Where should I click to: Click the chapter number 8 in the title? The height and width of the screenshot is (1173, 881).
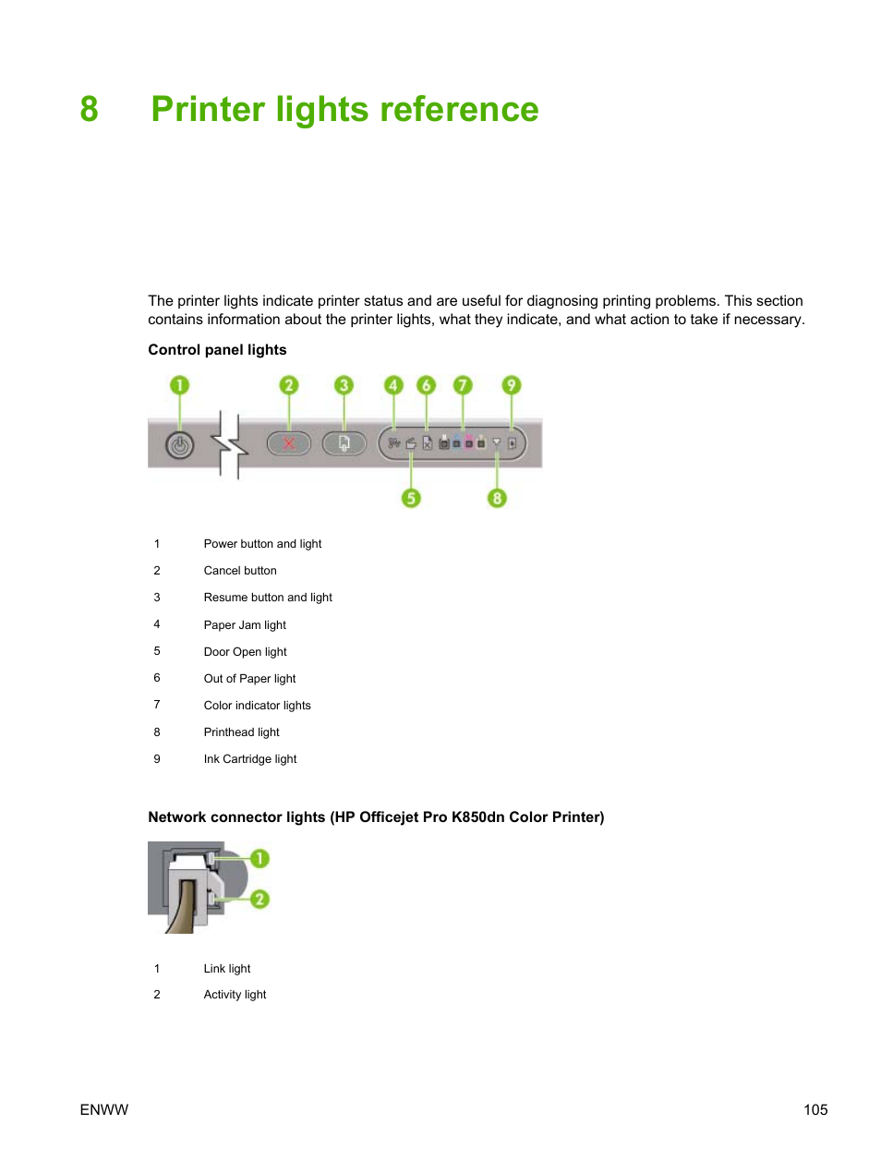click(89, 109)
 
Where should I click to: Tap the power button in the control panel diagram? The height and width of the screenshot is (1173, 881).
click(179, 446)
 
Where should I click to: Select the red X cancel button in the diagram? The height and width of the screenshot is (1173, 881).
click(289, 444)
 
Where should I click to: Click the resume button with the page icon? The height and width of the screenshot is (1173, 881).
click(344, 444)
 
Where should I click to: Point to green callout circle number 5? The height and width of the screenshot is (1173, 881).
click(411, 499)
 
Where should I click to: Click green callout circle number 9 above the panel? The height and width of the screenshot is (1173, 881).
click(511, 385)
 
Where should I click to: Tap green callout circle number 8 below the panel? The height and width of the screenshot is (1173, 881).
click(497, 499)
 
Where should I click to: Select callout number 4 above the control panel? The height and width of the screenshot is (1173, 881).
click(393, 385)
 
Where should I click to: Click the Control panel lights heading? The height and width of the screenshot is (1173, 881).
click(217, 350)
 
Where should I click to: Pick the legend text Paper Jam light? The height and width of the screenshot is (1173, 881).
click(245, 625)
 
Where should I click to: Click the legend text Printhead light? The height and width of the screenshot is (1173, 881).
click(241, 732)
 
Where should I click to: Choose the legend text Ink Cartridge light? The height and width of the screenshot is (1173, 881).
click(250, 759)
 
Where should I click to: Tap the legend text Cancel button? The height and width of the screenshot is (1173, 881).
click(240, 571)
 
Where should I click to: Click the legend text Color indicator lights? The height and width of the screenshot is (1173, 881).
click(257, 706)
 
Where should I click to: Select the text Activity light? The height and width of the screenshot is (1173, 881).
click(235, 995)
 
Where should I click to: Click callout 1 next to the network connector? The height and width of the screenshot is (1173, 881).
click(260, 859)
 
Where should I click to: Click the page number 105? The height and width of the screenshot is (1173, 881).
click(815, 1110)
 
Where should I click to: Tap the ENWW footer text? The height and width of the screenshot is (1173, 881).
click(104, 1110)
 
